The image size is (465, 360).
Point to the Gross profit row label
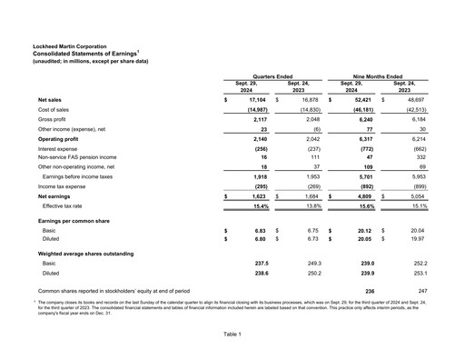[55, 119]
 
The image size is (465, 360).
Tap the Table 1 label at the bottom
[232, 335]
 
